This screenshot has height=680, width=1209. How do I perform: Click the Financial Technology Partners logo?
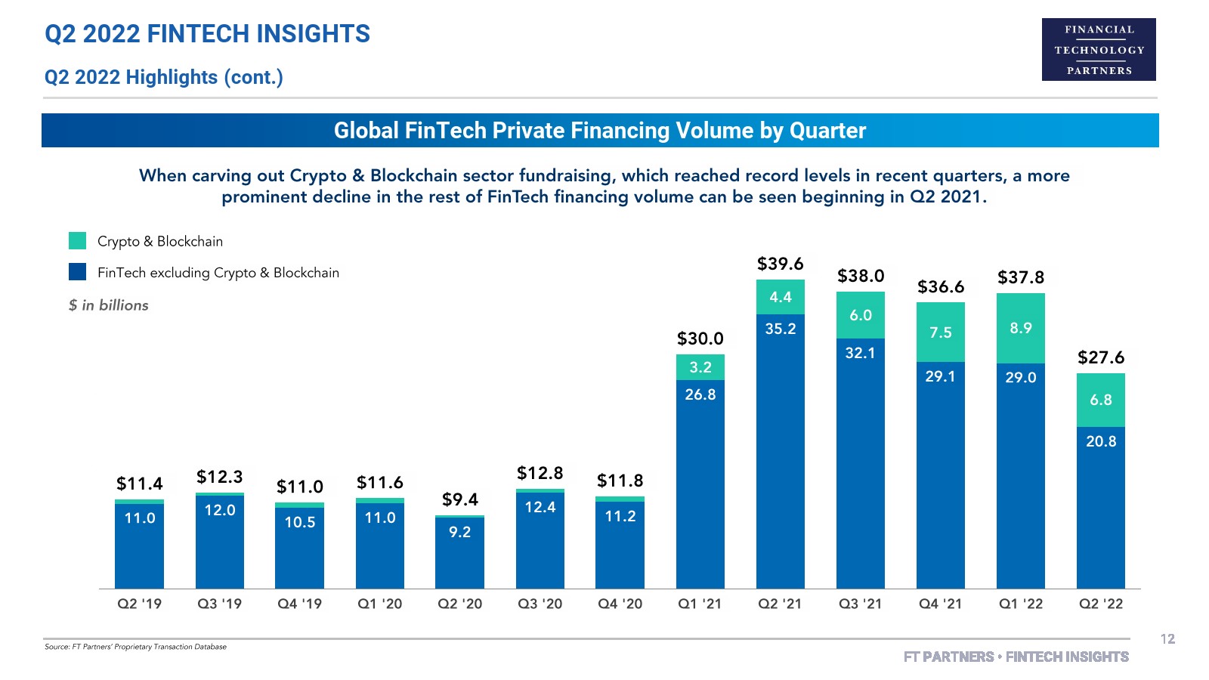pos(1099,50)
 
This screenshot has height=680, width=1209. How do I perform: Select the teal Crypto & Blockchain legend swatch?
pos(77,241)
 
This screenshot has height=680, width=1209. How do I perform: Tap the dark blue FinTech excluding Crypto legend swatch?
pos(77,272)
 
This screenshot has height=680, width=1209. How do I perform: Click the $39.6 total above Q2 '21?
pos(780,264)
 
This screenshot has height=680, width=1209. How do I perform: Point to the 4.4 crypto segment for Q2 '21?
pos(781,297)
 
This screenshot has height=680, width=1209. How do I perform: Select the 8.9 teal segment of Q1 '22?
pos(1021,328)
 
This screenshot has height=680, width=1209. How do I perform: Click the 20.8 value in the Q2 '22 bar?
pos(1101,441)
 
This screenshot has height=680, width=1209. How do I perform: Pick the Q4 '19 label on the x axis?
pos(299,604)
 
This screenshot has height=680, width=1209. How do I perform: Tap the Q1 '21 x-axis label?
pos(700,604)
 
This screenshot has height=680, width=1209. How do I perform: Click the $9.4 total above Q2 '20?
pos(459,499)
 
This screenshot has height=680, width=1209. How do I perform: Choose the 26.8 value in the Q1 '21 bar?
pos(700,394)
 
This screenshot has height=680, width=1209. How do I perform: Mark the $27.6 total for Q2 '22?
pos(1101,357)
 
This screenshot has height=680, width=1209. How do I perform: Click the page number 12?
pos(1167,639)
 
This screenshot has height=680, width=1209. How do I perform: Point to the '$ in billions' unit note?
pos(109,305)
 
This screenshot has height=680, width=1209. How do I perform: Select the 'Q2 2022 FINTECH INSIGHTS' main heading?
pos(208,34)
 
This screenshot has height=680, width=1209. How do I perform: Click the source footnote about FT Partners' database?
pos(135,647)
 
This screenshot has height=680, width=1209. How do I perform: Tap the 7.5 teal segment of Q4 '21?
pos(941,332)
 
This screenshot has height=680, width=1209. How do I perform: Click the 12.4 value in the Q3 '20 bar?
pos(540,507)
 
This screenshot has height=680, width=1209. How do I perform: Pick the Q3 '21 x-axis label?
pos(860,604)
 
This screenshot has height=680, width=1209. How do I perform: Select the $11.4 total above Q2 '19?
pos(139,484)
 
